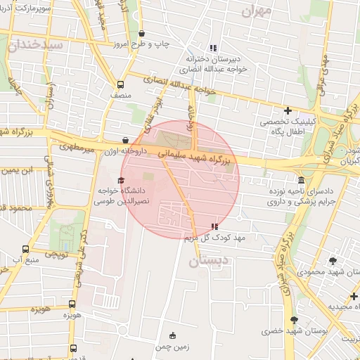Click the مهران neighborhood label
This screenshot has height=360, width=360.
pyautogui.click(x=256, y=11)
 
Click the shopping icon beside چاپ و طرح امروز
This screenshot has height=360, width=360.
pyautogui.click(x=142, y=33)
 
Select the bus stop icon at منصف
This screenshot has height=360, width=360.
pyautogui.click(x=121, y=82)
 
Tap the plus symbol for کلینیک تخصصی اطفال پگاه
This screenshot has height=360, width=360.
pyautogui.click(x=287, y=110)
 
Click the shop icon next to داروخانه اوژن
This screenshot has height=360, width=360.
pyautogui.click(x=125, y=140)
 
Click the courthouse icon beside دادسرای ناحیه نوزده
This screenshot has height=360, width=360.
pyautogui.click(x=301, y=180)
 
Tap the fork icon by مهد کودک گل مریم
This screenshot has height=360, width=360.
pyautogui.click(x=214, y=226)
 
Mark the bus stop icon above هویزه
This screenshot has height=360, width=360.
pyautogui.click(x=72, y=304)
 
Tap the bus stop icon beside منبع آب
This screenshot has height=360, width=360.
pyautogui.click(x=26, y=249)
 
